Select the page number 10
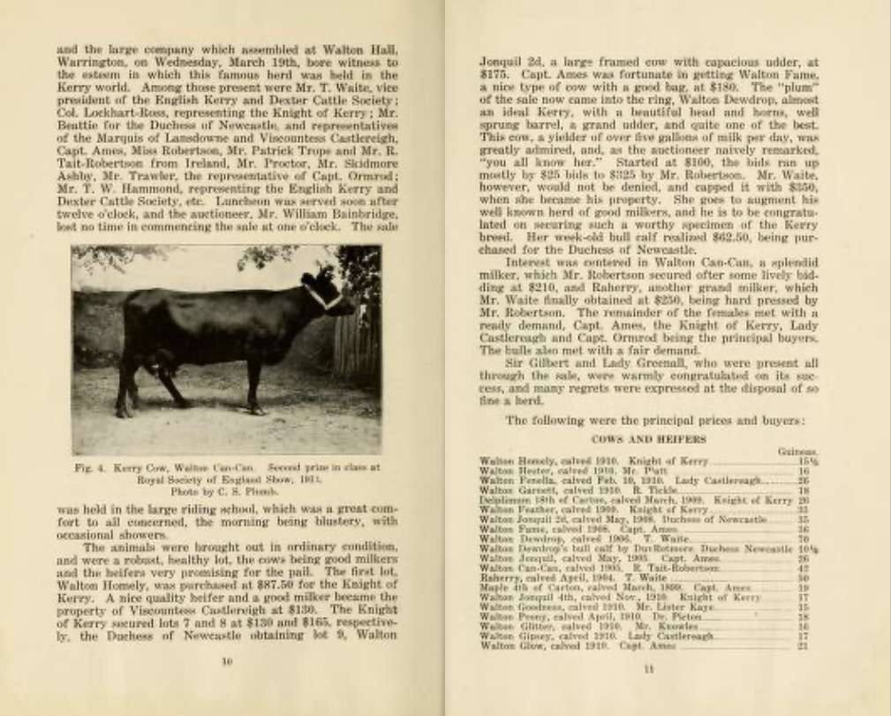226,661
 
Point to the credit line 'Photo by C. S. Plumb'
227,488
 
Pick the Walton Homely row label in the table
505,461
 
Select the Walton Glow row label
502,645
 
